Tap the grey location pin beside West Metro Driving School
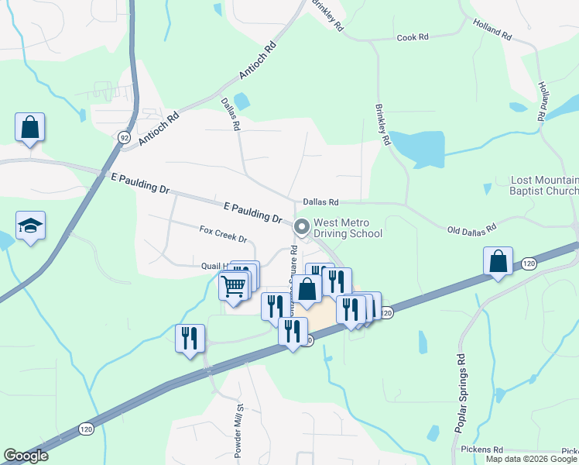[301, 227]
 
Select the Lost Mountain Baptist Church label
[545, 185]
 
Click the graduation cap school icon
[30, 226]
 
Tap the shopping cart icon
[234, 287]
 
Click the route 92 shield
[124, 137]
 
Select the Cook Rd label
[413, 37]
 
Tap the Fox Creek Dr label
[222, 234]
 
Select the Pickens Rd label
[481, 449]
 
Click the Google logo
[26, 456]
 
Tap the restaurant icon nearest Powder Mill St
[190, 339]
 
